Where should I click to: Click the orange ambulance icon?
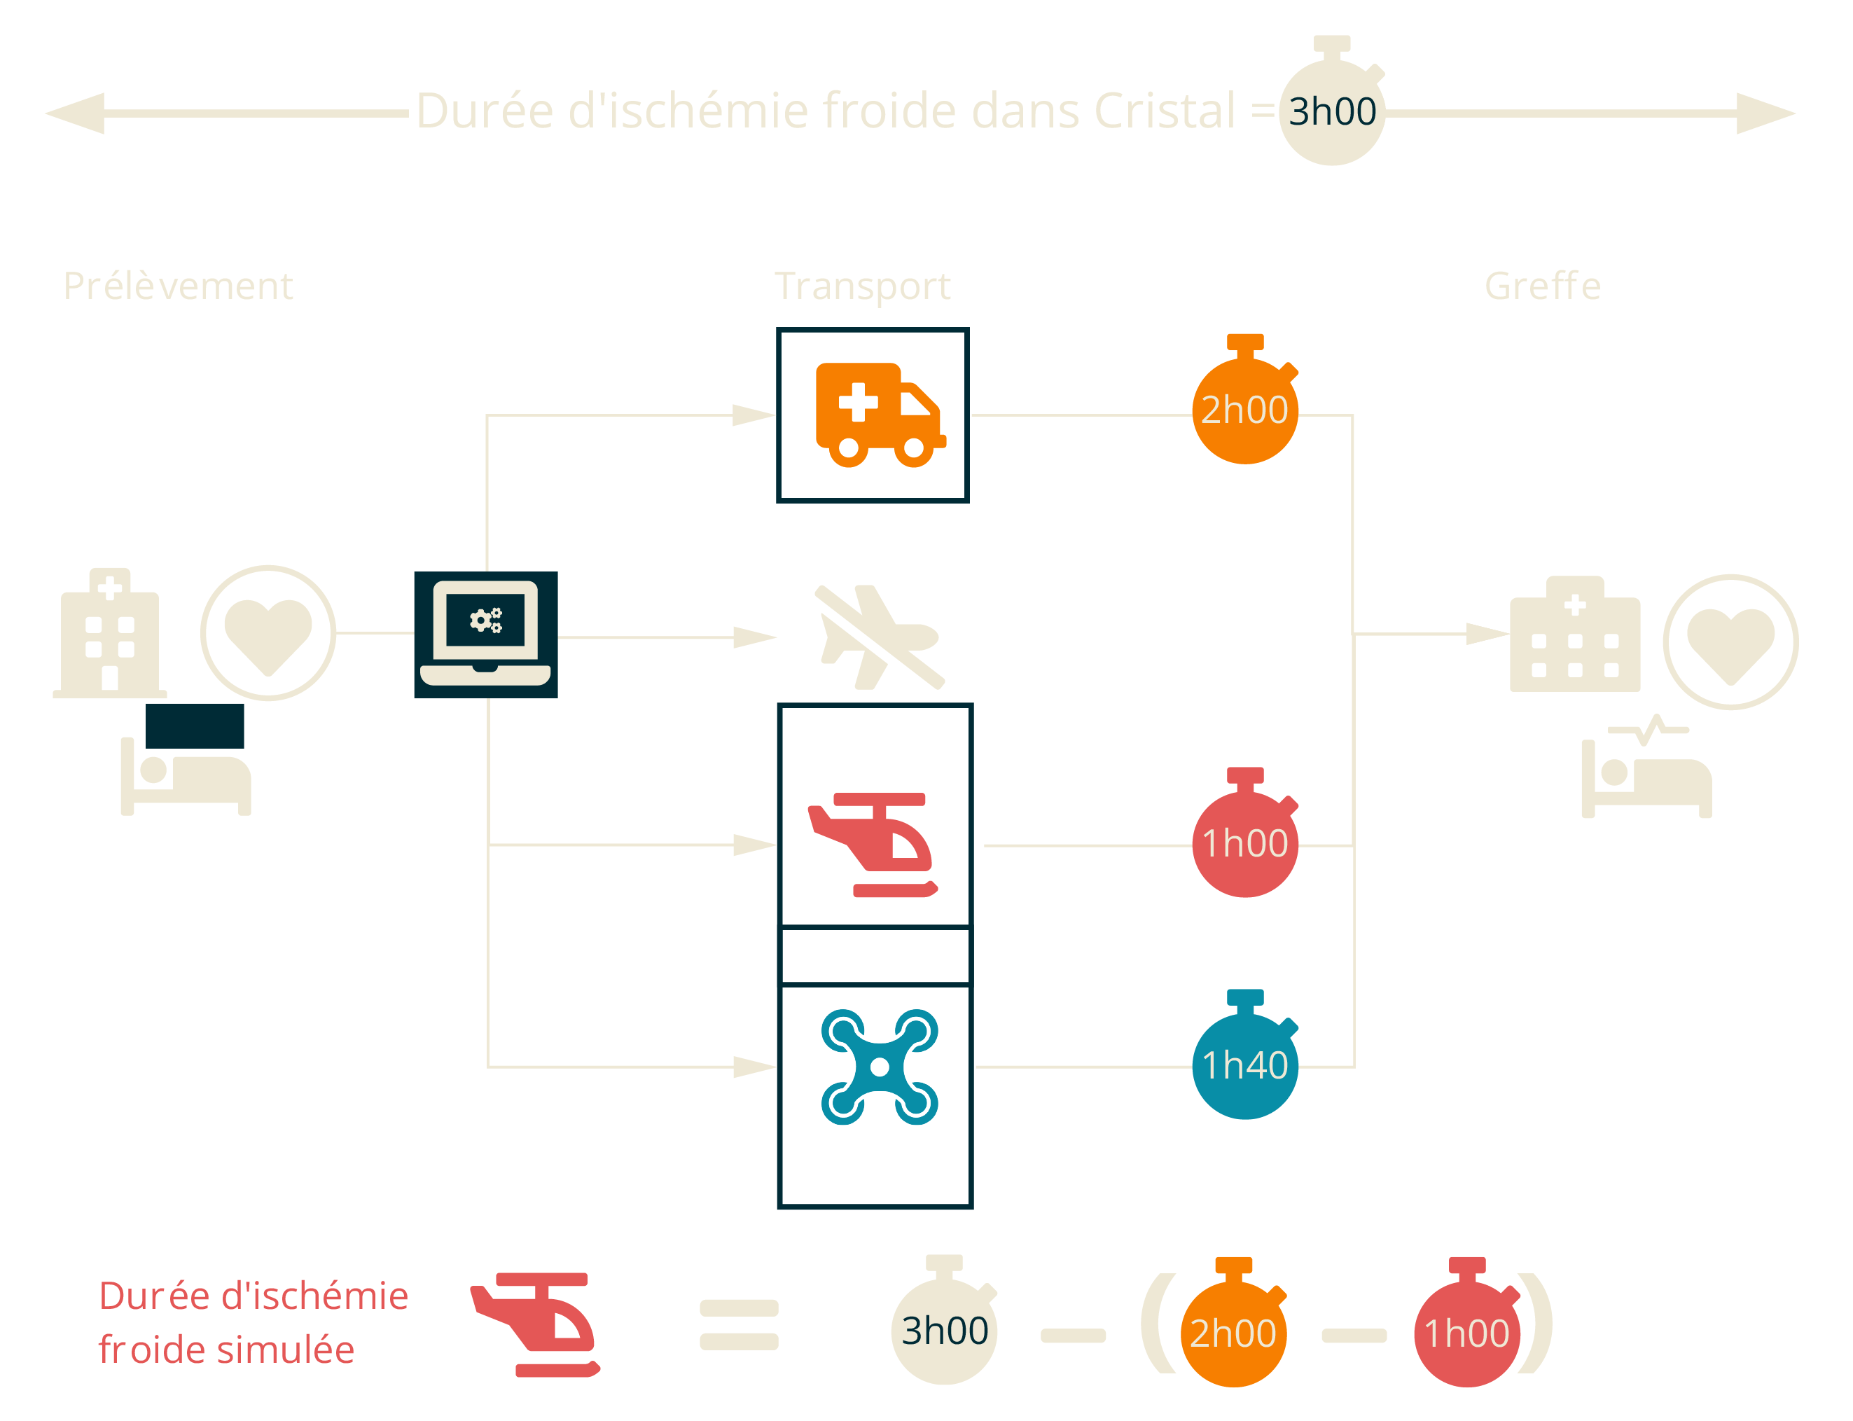(879, 415)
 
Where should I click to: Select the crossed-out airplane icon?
(880, 636)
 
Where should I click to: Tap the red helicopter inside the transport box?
(872, 844)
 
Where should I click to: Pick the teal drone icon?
(879, 1067)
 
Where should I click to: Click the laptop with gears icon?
(485, 635)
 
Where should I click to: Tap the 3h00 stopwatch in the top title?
(1331, 111)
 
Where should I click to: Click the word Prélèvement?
(178, 286)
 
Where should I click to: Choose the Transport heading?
(862, 286)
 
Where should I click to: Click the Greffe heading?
(1542, 286)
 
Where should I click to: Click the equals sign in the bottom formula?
(738, 1324)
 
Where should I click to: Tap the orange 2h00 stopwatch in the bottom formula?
(1233, 1332)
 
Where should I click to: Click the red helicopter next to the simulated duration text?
(535, 1324)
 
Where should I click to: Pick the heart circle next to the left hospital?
(268, 632)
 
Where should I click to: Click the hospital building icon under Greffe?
(1574, 635)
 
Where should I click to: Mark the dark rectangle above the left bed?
(195, 725)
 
